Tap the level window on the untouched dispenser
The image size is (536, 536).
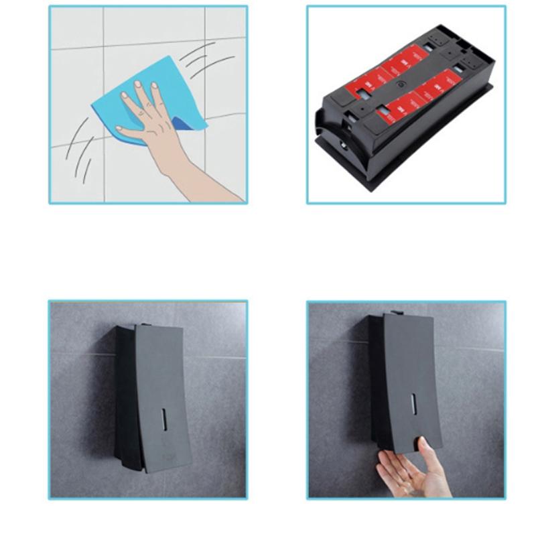pos(162,421)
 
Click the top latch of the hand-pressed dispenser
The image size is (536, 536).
pos(395,312)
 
